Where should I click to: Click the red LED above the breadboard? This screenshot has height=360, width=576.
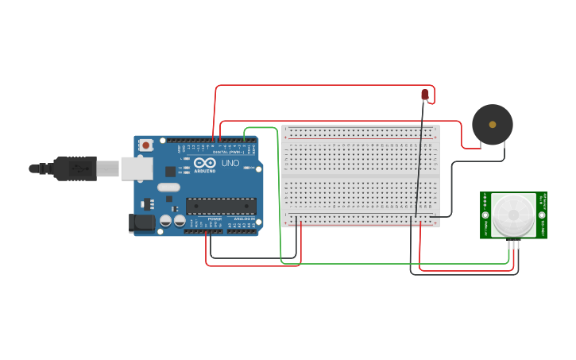(424, 95)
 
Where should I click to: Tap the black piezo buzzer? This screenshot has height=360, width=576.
(492, 125)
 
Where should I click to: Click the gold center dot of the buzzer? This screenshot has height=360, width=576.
(493, 125)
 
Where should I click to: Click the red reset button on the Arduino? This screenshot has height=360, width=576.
(145, 145)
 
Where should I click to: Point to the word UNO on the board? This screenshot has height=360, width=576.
(230, 163)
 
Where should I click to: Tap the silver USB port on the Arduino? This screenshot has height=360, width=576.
(137, 168)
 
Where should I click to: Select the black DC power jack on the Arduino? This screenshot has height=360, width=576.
(142, 223)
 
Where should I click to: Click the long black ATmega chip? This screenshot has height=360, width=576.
(221, 207)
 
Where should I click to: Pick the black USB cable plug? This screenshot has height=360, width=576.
(75, 168)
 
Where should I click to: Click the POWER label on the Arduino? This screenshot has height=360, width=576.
(215, 219)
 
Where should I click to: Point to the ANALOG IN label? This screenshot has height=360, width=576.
(242, 219)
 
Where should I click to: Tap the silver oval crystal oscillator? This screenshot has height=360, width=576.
(168, 188)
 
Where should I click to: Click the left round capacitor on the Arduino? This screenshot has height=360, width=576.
(166, 221)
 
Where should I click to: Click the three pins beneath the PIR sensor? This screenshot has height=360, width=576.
(513, 244)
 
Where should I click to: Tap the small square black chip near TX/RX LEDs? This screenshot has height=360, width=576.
(170, 171)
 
